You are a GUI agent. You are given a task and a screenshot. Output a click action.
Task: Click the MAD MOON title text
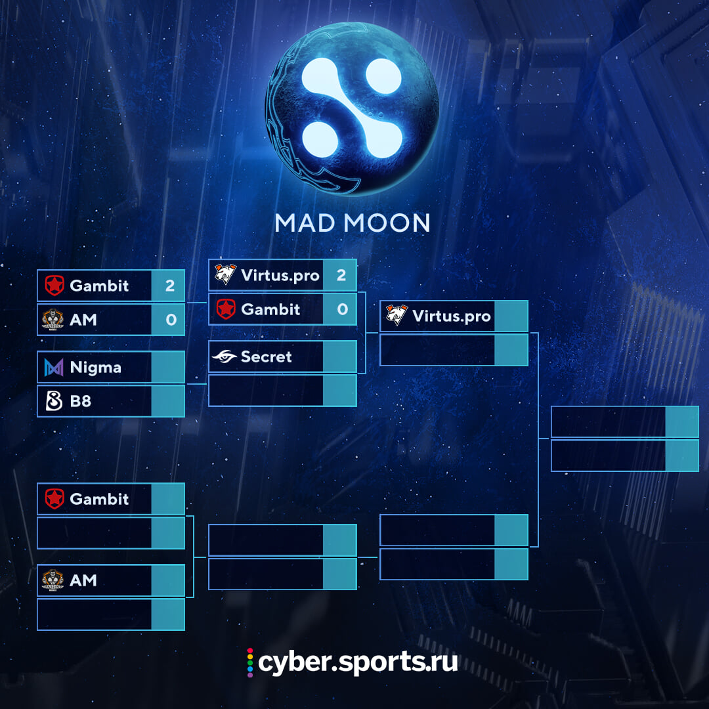[353, 223]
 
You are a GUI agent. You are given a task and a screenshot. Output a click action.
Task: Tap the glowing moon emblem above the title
[352, 108]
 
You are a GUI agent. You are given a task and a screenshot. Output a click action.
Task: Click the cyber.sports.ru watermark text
[358, 662]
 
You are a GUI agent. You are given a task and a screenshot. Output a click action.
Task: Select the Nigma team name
[95, 368]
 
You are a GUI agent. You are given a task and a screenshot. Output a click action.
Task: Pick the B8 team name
[81, 401]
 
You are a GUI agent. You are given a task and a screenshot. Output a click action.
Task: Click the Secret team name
[267, 356]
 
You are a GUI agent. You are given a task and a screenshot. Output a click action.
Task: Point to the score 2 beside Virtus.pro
[341, 275]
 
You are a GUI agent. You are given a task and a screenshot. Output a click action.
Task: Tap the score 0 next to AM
[171, 320]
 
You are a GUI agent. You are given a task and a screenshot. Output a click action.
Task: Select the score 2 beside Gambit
[170, 286]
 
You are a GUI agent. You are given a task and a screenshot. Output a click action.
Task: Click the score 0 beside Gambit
[342, 309]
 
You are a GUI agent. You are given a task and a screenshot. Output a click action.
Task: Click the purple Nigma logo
[54, 367]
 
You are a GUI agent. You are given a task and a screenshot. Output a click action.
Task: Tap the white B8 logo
[54, 401]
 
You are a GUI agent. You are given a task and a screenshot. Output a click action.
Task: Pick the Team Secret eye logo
[225, 356]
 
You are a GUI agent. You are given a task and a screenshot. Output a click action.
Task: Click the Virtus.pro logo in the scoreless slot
[396, 314]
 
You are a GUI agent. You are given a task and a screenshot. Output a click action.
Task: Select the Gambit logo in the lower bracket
[54, 499]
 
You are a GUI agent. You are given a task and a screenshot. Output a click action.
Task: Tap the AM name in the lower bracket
[83, 580]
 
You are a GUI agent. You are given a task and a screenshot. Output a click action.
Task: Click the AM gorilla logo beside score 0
[53, 320]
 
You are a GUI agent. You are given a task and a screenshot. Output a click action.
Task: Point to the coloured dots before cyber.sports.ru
[250, 662]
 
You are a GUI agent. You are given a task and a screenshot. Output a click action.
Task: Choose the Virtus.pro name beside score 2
[280, 275]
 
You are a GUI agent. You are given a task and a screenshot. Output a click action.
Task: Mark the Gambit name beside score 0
[270, 309]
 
